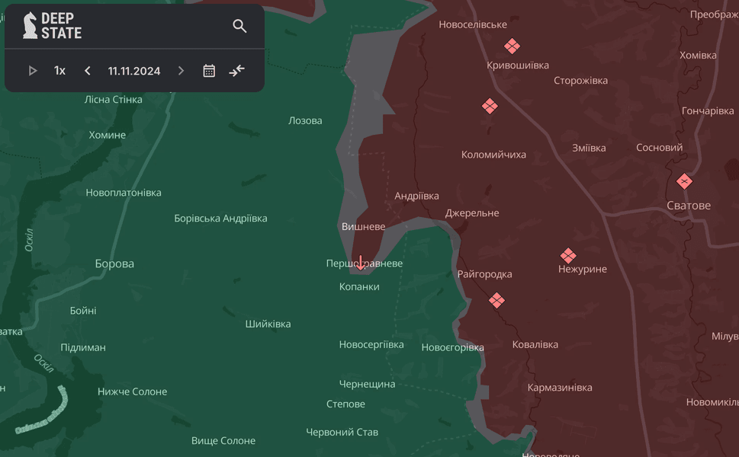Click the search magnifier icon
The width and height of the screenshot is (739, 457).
(x=239, y=27)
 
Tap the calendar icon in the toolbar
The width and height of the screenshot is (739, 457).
(x=209, y=71)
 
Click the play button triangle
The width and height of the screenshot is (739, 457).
(x=33, y=71)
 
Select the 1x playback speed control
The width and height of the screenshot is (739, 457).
(x=59, y=71)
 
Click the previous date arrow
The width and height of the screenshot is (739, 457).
(x=88, y=71)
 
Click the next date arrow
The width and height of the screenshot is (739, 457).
(x=181, y=71)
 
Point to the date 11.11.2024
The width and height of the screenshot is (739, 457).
(x=134, y=71)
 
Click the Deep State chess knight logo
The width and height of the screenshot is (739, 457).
(x=30, y=25)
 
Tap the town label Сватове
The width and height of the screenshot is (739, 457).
(x=688, y=206)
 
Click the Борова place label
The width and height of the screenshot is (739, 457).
(x=114, y=264)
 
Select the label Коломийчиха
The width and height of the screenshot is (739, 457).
(x=493, y=155)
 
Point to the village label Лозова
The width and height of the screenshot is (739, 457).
(x=305, y=120)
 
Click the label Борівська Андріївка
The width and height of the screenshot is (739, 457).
(x=220, y=219)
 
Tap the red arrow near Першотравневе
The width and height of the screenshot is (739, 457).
(x=361, y=264)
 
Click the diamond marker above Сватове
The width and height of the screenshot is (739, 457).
(x=684, y=181)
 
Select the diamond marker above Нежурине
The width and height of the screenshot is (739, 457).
(x=567, y=255)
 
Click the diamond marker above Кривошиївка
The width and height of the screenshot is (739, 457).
(x=511, y=46)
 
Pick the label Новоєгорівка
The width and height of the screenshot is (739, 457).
(x=452, y=347)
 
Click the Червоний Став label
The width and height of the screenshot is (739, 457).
(x=342, y=432)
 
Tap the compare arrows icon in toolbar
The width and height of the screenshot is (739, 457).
(x=237, y=71)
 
